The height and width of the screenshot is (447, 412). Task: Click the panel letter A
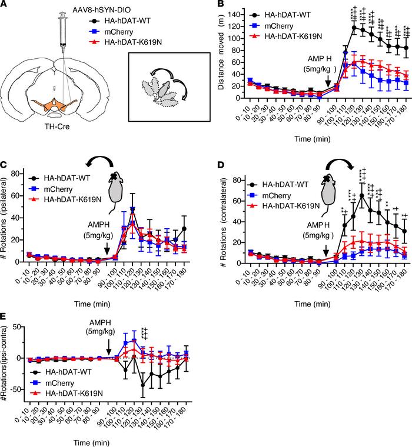(x=6, y=5)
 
